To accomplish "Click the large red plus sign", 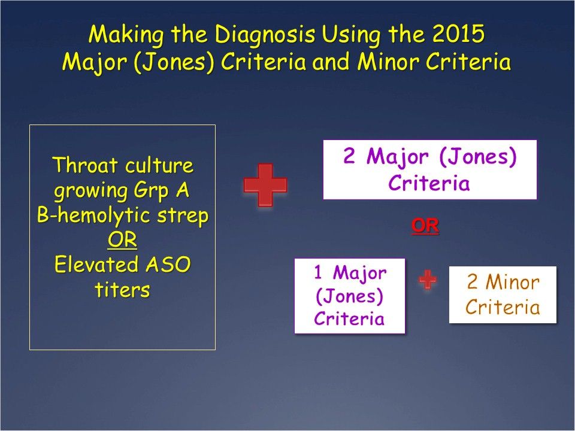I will (x=265, y=186).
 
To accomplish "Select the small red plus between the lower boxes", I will (x=427, y=280).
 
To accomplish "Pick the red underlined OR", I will (x=425, y=226).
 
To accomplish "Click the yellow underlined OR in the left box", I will (x=122, y=240).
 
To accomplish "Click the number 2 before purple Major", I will (x=350, y=157).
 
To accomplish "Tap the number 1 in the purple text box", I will (x=319, y=273).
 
